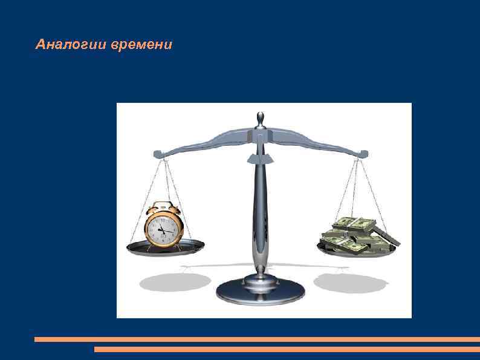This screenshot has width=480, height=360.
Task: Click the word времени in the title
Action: click(x=142, y=45)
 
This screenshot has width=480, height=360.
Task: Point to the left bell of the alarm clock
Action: click(x=151, y=209)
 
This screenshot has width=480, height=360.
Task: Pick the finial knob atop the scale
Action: click(x=260, y=117)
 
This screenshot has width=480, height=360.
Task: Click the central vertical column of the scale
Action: click(x=260, y=206)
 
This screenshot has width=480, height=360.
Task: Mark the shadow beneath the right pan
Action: click(x=350, y=283)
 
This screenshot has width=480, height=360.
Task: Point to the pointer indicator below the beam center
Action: click(x=260, y=159)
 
